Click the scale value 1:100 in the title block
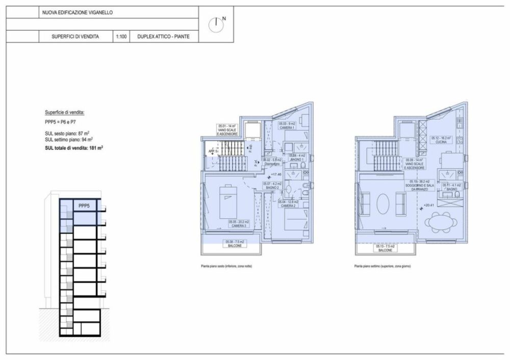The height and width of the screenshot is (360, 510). [121, 37]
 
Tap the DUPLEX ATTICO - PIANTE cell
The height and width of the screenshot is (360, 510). [160, 37]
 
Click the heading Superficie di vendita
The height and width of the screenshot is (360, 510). [64, 112]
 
